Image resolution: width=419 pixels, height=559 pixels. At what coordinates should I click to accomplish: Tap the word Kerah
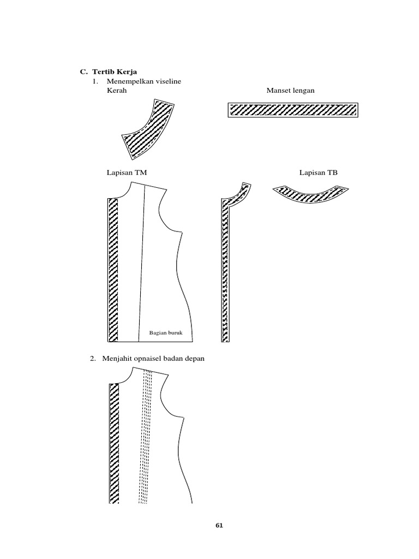pos(117,91)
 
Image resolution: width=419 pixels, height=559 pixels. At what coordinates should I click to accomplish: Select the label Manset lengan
pos(290,91)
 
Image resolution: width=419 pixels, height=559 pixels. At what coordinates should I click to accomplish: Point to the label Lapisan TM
pos(127,173)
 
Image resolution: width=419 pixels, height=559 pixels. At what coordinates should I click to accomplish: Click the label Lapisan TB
pos(319,173)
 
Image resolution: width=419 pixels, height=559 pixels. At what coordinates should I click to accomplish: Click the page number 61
pos(219,526)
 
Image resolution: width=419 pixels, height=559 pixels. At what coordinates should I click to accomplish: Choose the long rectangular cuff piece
pos(292,110)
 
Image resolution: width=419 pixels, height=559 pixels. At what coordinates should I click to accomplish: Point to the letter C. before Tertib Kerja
pos(83,72)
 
